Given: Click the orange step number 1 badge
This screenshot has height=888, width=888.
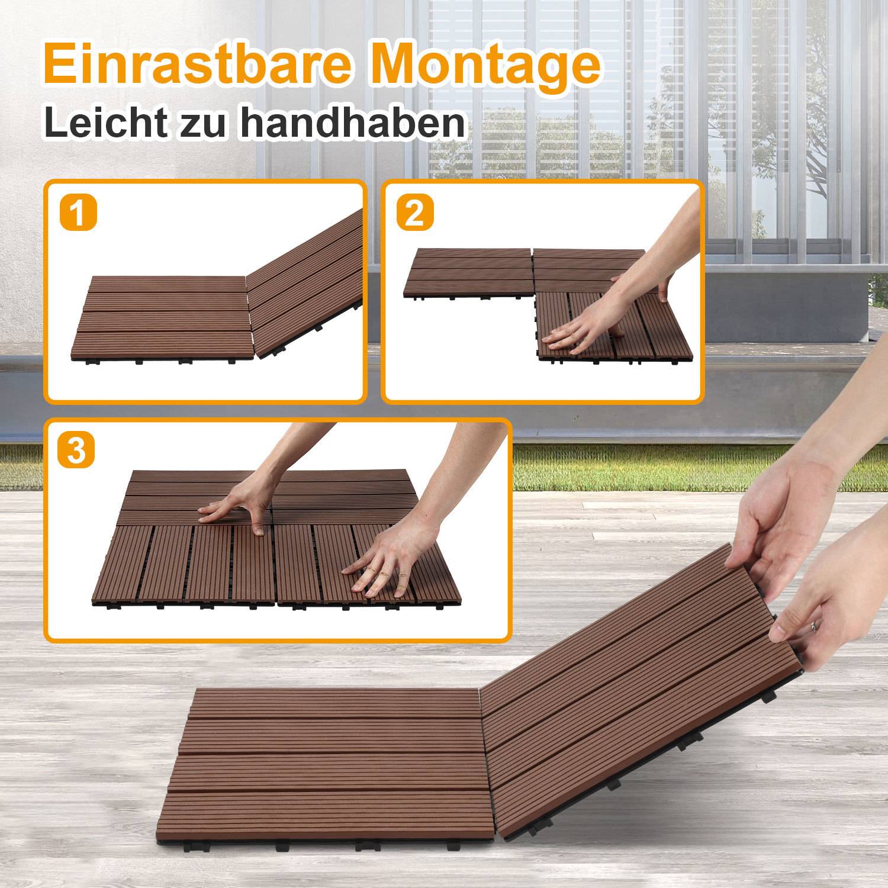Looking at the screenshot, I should (78, 213).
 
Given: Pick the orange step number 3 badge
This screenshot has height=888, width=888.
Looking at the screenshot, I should (76, 450).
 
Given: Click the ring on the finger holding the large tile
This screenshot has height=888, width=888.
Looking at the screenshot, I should (815, 626).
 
